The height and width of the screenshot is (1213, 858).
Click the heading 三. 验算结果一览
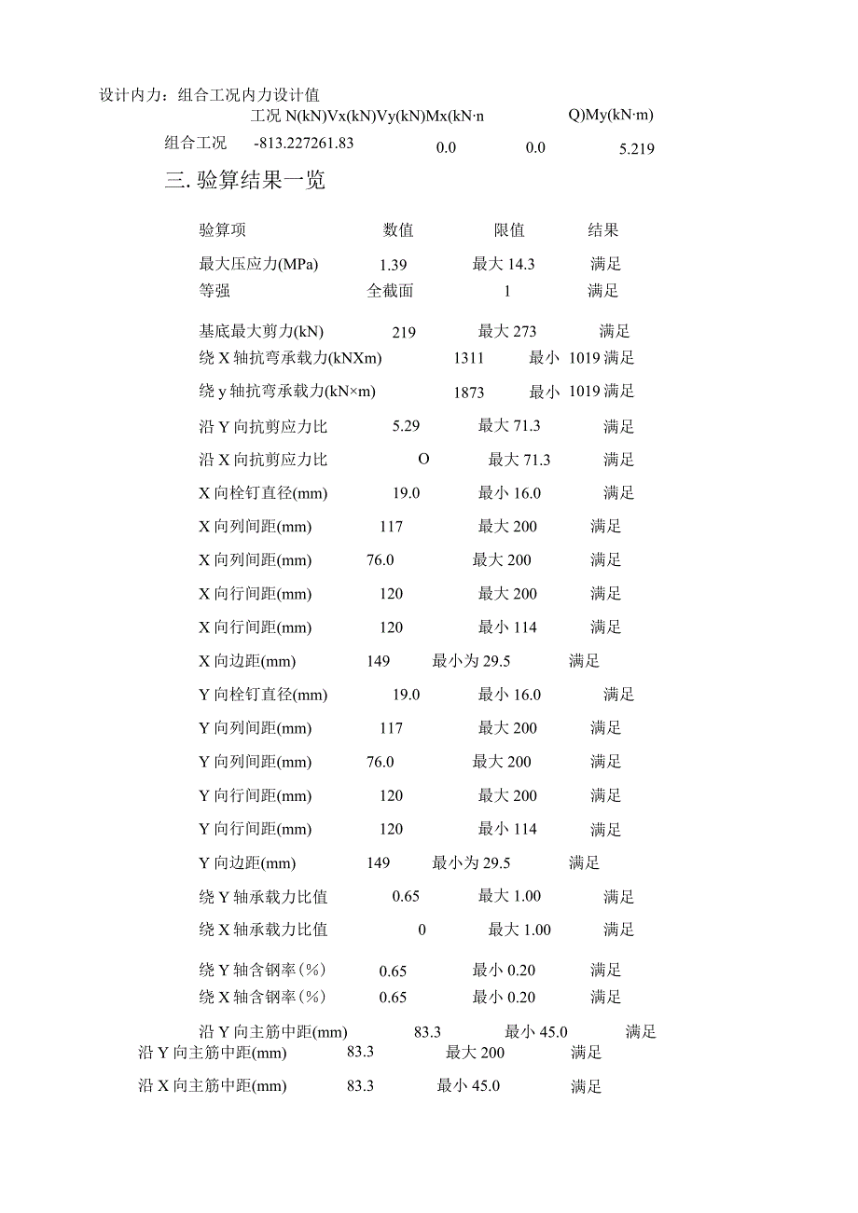pyautogui.click(x=245, y=181)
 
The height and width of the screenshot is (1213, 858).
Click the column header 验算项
pyautogui.click(x=223, y=230)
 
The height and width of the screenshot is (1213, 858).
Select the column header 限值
pyautogui.click(x=509, y=230)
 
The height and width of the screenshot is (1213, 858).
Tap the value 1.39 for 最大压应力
pyautogui.click(x=394, y=265)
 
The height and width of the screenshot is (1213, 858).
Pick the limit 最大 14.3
pyautogui.click(x=504, y=265)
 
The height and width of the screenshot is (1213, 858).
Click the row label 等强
pyautogui.click(x=214, y=291)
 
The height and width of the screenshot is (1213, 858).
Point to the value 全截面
pyautogui.click(x=390, y=291)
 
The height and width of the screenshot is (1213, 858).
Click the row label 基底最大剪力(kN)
pyautogui.click(x=261, y=332)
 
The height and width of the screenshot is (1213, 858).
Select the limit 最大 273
pyautogui.click(x=507, y=332)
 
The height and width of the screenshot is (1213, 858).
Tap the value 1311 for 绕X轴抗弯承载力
pyautogui.click(x=469, y=358)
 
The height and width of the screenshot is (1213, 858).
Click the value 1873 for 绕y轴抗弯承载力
pyautogui.click(x=469, y=393)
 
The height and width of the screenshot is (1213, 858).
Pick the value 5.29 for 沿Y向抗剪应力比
pyautogui.click(x=407, y=426)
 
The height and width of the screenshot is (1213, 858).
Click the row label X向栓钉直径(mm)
pyautogui.click(x=263, y=493)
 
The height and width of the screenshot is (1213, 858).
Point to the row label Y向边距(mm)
pyautogui.click(x=247, y=863)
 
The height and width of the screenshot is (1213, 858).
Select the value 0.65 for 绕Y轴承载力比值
pyautogui.click(x=406, y=897)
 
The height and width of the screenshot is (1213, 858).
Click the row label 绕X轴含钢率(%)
pyautogui.click(x=262, y=998)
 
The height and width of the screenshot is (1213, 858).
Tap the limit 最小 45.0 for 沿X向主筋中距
pyautogui.click(x=468, y=1086)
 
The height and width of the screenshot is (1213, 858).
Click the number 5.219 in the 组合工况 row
pyautogui.click(x=637, y=148)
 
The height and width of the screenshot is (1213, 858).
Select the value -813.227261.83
pyautogui.click(x=304, y=143)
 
